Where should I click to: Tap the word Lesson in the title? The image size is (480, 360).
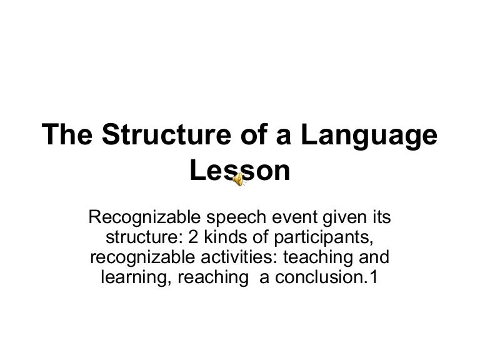tap(241, 171)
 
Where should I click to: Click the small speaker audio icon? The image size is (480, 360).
tap(238, 180)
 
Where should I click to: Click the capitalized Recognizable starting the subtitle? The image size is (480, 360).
tap(144, 218)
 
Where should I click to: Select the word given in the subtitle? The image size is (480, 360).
tap(343, 218)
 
